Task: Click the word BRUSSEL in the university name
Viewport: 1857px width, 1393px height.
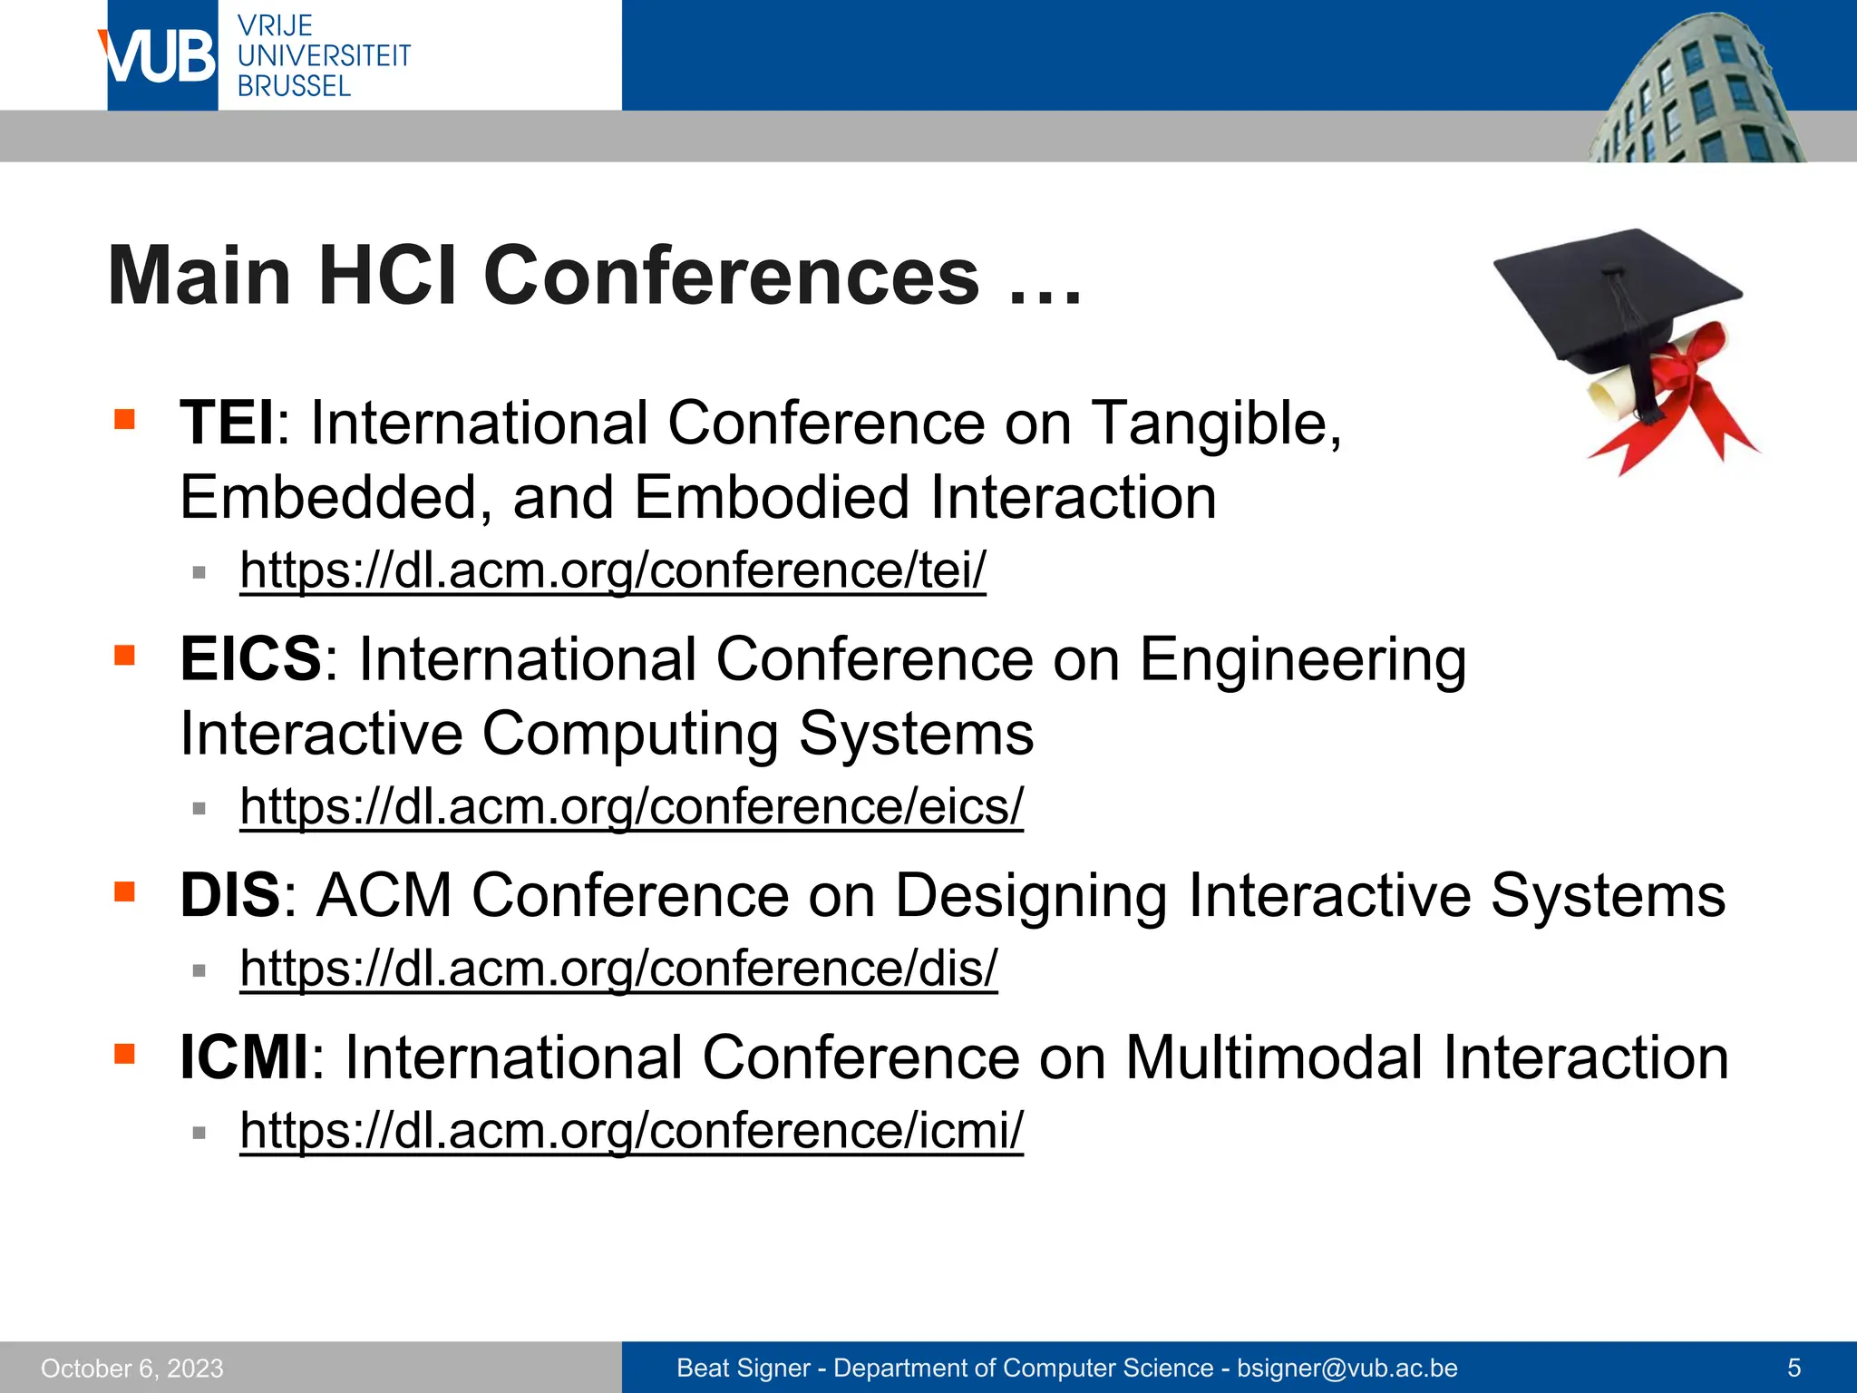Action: tap(294, 87)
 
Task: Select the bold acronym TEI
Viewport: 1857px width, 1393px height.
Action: tap(227, 424)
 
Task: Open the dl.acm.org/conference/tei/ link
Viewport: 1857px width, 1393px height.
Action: tap(612, 570)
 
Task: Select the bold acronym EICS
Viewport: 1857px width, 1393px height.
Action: tap(250, 659)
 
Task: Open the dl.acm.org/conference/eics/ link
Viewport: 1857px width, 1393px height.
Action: tap(631, 806)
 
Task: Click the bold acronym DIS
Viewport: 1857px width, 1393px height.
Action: tap(230, 896)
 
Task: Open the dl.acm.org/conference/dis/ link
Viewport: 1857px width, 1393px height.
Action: tap(618, 969)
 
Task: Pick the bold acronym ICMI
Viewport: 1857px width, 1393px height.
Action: tap(244, 1058)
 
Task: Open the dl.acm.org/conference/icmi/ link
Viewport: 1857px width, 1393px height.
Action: tap(631, 1131)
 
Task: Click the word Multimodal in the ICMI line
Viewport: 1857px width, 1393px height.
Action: tap(1273, 1058)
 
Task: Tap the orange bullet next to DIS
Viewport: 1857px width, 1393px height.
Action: tap(124, 891)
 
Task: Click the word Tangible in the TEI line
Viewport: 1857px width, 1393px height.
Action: tap(1215, 424)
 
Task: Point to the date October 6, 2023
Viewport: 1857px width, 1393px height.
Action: tap(132, 1369)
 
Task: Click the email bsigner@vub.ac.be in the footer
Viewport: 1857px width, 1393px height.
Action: tap(1347, 1369)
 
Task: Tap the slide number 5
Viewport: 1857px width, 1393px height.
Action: tap(1794, 1369)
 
